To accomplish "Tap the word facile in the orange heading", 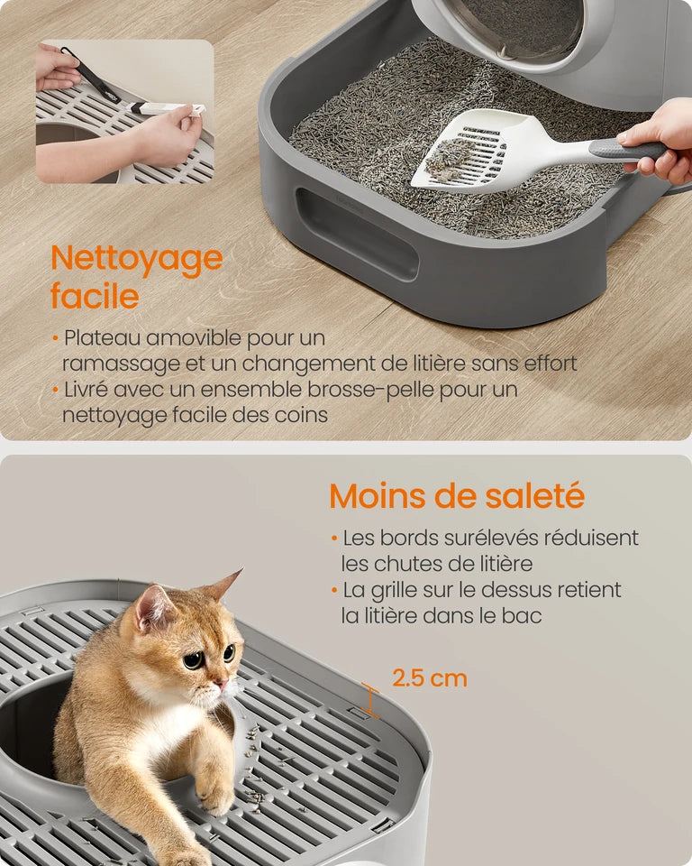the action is [x=95, y=296].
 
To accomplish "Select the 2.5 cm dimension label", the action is [x=429, y=678].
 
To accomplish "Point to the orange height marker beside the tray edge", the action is [x=370, y=700].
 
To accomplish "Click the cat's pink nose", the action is [x=220, y=686].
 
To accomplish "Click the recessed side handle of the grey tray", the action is [x=357, y=234].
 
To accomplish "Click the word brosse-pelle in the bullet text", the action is [x=371, y=390].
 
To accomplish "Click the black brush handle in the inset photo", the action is [x=91, y=75].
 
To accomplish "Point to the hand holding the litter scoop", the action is [x=660, y=141].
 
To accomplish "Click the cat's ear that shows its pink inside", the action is [x=153, y=607].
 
